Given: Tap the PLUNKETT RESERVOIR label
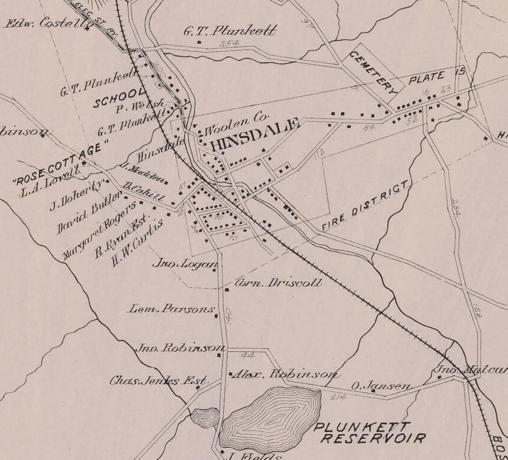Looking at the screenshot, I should pos(369,432).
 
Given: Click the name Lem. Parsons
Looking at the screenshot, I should pos(172,309).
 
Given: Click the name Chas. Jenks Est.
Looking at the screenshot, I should pos(159,381).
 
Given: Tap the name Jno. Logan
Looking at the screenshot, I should pos(185,264).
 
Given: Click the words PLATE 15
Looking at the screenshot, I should pos(436,76).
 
